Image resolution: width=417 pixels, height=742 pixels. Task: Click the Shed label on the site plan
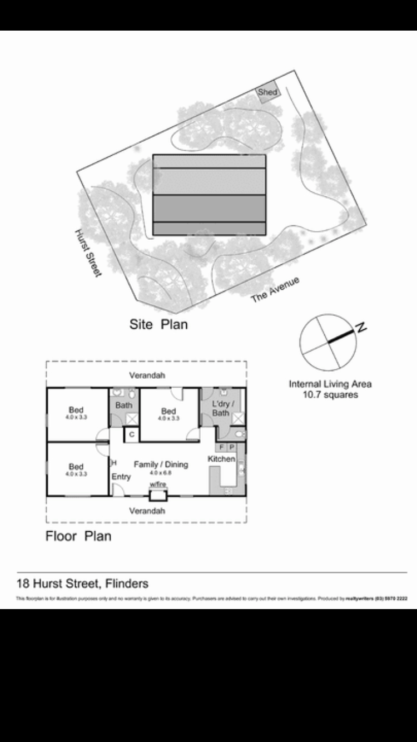[267, 92]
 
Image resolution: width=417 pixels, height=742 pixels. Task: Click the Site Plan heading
[158, 324]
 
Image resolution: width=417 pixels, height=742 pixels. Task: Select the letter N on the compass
[362, 328]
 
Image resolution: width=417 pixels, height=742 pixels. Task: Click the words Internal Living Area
[330, 384]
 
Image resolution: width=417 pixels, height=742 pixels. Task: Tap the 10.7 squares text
[330, 395]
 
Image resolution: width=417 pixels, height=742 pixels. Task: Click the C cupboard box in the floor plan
[131, 434]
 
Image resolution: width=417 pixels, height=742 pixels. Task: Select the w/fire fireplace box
[158, 493]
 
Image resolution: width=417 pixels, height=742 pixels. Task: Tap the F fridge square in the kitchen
[221, 447]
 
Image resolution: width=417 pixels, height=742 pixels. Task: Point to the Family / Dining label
[161, 464]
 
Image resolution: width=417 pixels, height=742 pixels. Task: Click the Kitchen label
[221, 459]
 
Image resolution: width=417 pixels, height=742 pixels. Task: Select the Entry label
[121, 477]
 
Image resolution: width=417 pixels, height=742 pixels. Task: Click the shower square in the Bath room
[132, 419]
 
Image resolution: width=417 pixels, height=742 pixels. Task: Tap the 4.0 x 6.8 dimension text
[161, 473]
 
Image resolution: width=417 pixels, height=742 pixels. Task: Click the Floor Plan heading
[78, 536]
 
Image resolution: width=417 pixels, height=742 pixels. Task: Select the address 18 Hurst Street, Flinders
[83, 583]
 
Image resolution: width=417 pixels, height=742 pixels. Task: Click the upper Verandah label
[147, 375]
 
